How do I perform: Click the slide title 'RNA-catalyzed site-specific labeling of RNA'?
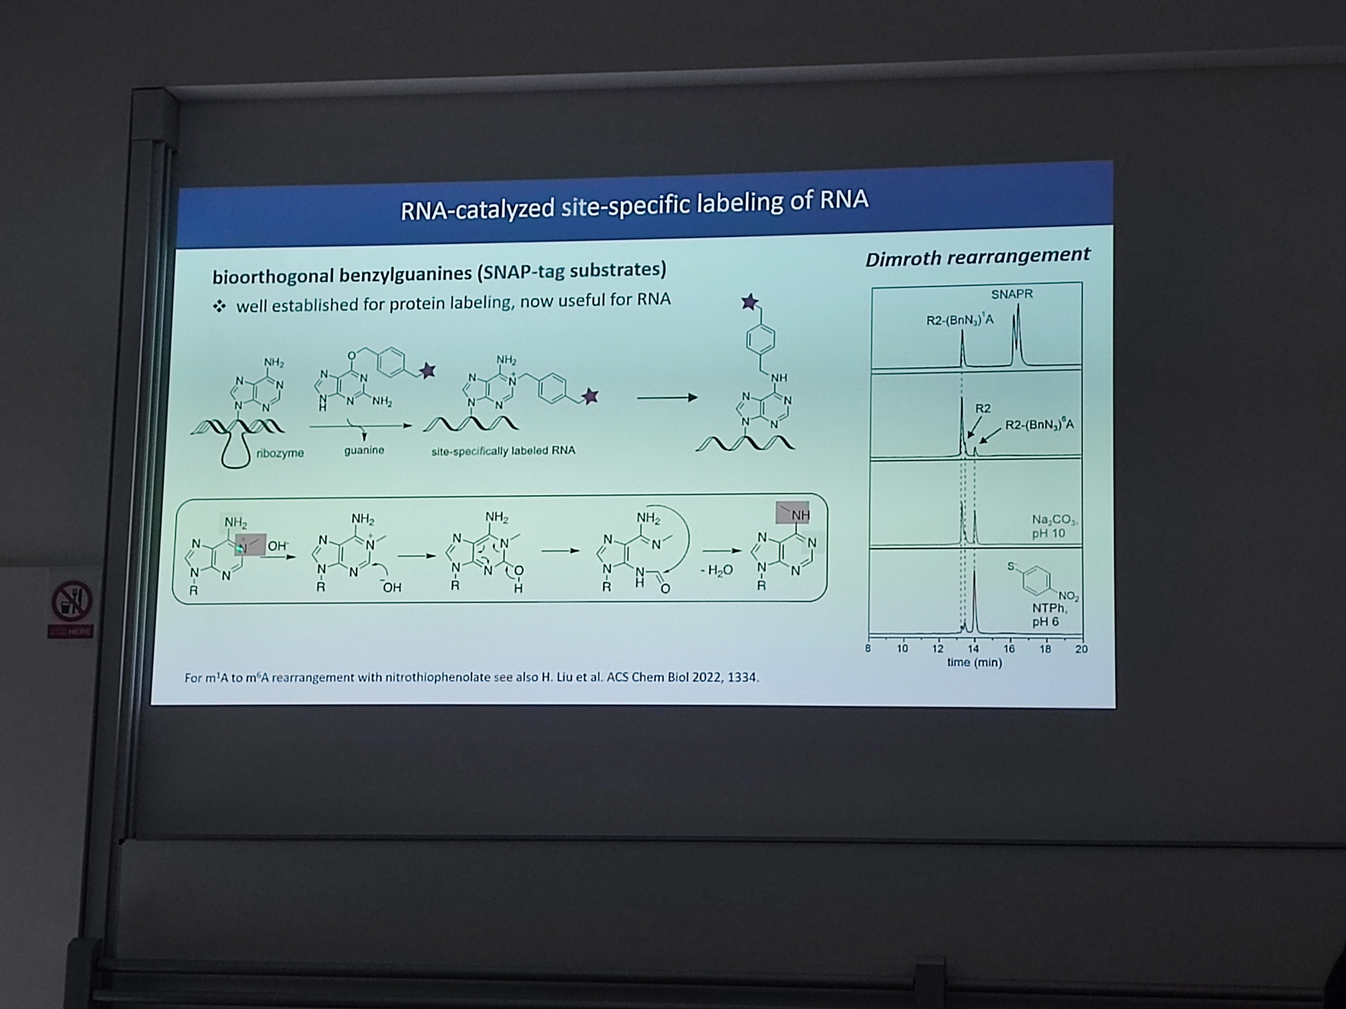coord(634,204)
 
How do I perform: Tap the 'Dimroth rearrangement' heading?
coord(977,257)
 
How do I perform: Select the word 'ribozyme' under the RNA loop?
coord(280,453)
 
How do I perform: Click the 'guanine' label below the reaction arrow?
coord(364,450)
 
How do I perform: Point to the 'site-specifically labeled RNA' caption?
coord(503,451)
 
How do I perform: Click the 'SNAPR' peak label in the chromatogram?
coord(1012,294)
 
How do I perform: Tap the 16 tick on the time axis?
coord(1009,649)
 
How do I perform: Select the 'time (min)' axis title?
coord(975,663)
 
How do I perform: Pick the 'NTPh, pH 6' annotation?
coord(1049,615)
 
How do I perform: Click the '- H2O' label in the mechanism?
coord(716,571)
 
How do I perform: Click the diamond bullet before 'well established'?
coord(219,307)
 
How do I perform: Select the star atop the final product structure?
coord(750,302)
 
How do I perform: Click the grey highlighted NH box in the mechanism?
coord(792,513)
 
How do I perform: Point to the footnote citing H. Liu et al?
coord(472,677)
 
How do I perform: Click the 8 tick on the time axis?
coord(868,649)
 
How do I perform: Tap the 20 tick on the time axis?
coord(1081,649)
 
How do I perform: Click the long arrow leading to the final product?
coord(667,398)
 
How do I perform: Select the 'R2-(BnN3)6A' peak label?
coord(1039,425)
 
